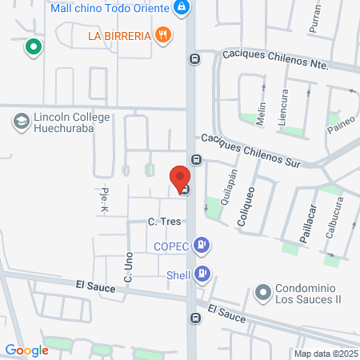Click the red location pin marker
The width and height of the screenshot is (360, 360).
pos(180,178)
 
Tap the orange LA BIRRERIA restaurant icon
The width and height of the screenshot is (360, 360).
pos(164,34)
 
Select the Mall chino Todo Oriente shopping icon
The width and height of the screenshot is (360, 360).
pos(182,8)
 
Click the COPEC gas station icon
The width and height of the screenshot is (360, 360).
pos(204,245)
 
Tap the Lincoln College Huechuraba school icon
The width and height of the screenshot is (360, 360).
pos(20,122)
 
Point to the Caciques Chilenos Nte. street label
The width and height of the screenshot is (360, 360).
pos(275,58)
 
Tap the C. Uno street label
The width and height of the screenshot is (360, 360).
pos(127,266)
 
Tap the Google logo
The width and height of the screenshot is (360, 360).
pos(26,350)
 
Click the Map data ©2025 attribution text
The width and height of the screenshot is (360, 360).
pos(326,353)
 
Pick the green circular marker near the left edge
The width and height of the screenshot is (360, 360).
pos(33,47)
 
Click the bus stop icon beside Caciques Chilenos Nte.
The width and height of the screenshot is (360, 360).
pos(195,58)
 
